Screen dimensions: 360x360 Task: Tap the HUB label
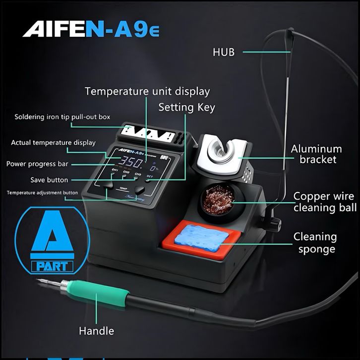click(x=224, y=52)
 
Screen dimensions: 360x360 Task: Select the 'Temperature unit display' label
click(x=147, y=91)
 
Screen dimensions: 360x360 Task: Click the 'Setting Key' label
click(x=186, y=107)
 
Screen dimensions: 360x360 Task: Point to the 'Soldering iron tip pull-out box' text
click(x=62, y=117)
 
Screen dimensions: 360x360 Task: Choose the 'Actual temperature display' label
click(x=53, y=143)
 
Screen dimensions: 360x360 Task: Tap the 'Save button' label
click(x=49, y=180)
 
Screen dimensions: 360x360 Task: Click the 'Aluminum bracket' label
click(x=316, y=154)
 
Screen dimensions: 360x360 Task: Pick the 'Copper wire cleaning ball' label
click(x=325, y=201)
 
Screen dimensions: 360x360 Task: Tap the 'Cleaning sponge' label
click(x=315, y=242)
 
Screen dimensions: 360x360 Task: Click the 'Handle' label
click(x=96, y=331)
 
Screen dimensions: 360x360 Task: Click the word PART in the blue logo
click(x=52, y=266)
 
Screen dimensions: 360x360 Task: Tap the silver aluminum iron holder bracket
click(x=221, y=153)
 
